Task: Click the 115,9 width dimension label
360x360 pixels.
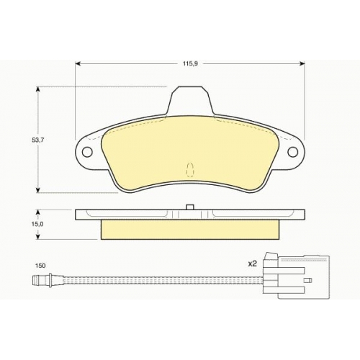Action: point(190,64)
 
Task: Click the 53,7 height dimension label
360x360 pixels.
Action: point(37,140)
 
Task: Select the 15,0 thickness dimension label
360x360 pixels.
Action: point(37,224)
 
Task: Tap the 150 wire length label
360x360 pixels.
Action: point(40,266)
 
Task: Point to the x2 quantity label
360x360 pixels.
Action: point(253,264)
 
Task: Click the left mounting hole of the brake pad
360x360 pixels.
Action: point(87,152)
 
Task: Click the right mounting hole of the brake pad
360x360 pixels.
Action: point(293,152)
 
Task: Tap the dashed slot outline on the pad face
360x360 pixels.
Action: point(190,170)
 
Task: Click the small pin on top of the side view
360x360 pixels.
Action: point(190,207)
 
